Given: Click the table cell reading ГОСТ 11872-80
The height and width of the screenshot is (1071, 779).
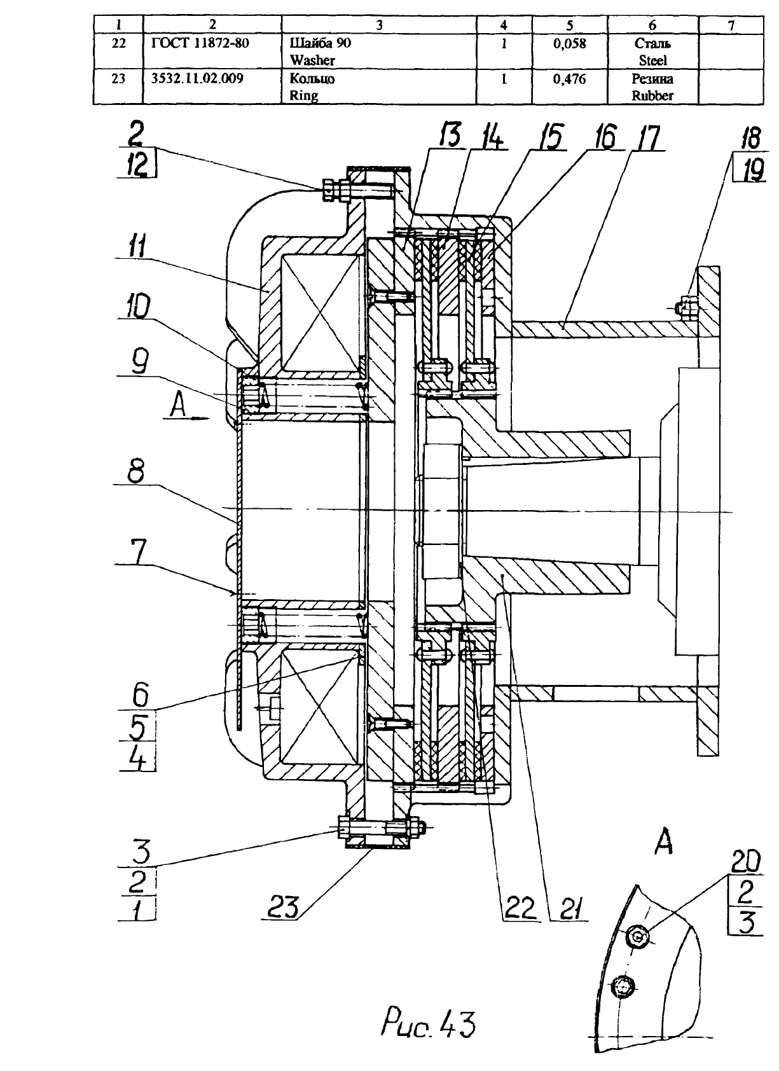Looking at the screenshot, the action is [x=200, y=43].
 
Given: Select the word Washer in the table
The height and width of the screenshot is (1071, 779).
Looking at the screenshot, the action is [x=312, y=60].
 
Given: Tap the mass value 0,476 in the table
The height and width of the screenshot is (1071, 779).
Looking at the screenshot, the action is [x=569, y=79].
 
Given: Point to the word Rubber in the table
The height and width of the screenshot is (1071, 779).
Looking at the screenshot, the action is [x=652, y=95].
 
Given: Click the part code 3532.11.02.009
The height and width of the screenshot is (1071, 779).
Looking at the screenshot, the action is [x=197, y=78].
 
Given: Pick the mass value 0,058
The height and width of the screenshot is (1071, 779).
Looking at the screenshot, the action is [x=569, y=43].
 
